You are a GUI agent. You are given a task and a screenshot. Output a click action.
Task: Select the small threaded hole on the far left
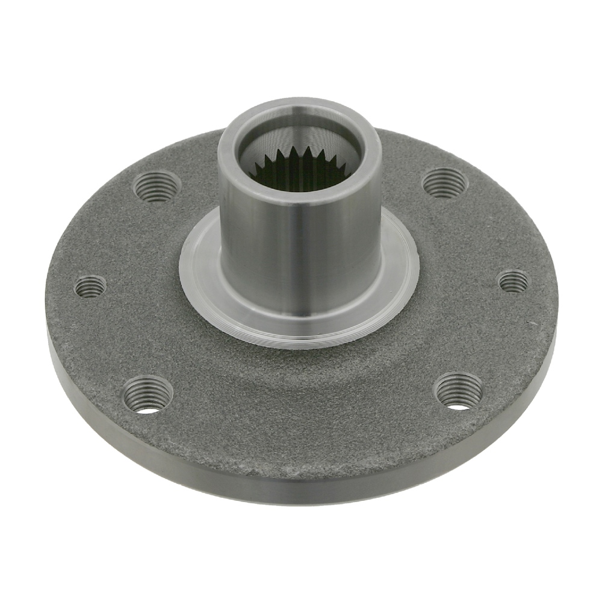tap(90, 285)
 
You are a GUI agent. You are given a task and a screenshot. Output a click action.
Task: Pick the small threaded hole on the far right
tap(514, 281)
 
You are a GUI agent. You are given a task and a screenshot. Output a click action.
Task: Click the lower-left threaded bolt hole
tap(147, 395)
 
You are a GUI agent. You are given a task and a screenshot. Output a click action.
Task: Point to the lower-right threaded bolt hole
tap(458, 391)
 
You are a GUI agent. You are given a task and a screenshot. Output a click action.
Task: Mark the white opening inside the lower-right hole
tap(459, 406)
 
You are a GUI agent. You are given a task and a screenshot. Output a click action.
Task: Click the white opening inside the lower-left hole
tap(148, 411)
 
